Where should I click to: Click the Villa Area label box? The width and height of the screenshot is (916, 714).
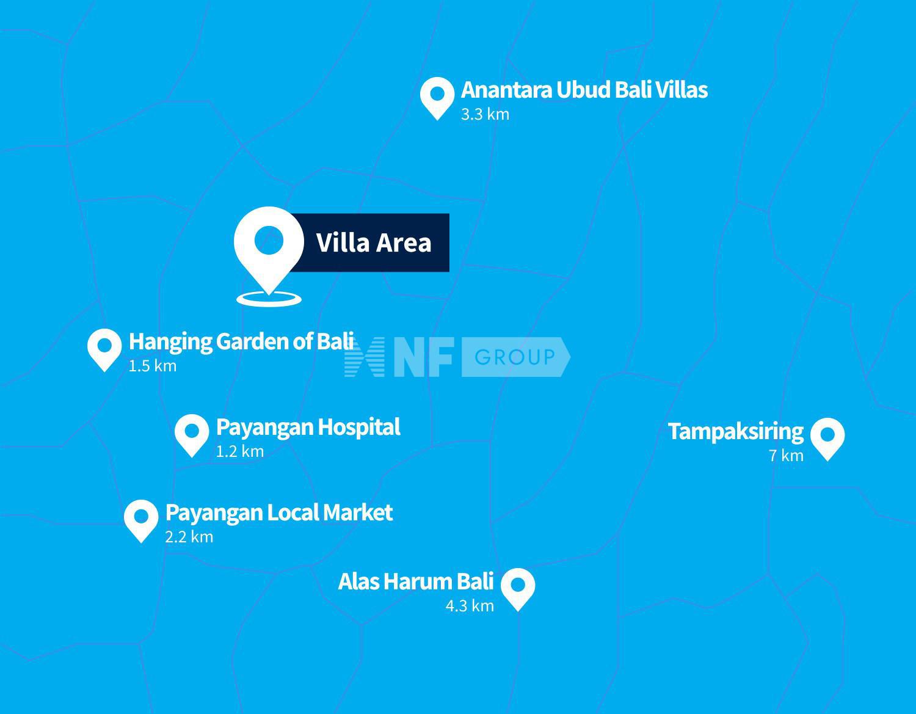(x=374, y=242)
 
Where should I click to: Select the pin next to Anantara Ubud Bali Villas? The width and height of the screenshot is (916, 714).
(x=437, y=96)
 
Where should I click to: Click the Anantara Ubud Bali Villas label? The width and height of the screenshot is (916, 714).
(x=584, y=90)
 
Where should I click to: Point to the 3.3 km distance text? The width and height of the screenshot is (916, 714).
(x=485, y=114)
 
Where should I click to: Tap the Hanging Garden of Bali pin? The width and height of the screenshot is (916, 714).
(x=104, y=348)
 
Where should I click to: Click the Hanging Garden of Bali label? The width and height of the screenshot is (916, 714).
(x=241, y=341)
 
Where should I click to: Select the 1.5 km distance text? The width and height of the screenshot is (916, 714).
(x=152, y=366)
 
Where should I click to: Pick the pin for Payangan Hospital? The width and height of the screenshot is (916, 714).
(x=192, y=433)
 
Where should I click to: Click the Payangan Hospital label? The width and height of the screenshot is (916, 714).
(x=308, y=427)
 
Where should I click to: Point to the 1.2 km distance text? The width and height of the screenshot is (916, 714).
(x=239, y=451)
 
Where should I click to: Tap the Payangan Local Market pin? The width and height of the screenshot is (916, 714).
(x=141, y=519)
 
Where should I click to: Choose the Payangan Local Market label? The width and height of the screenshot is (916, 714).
(x=278, y=512)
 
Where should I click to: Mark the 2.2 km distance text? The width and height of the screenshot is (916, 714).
(x=189, y=537)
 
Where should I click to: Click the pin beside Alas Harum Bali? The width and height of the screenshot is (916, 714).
(x=518, y=587)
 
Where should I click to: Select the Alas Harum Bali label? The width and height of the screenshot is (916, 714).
(x=415, y=581)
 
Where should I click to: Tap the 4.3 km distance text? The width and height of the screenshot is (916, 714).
(x=469, y=606)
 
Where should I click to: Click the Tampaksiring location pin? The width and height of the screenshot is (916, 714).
(x=827, y=437)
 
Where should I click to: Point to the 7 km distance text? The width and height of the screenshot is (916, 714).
(x=786, y=456)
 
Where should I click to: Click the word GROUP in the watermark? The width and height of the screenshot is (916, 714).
(x=514, y=357)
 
